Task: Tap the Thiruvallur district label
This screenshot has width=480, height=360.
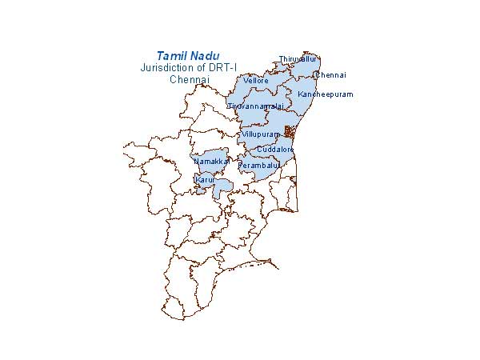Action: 298,59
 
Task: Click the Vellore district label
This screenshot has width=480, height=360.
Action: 256,82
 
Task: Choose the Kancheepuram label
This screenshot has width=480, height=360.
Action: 325,94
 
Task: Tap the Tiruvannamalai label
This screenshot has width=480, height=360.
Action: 255,106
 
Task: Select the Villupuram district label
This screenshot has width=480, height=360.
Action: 260,134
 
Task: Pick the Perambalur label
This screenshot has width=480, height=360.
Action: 258,166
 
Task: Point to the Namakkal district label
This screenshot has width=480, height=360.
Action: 212,162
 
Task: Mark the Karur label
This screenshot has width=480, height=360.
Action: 205,181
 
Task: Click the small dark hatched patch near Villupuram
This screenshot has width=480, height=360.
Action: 290,132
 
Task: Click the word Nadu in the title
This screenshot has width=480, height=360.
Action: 204,56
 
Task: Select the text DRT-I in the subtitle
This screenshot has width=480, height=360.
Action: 223,68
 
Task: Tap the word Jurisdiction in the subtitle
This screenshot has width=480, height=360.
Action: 166,68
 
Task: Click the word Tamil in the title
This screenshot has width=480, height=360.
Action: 171,56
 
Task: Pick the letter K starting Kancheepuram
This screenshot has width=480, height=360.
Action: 300,94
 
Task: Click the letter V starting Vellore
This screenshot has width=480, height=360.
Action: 246,82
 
